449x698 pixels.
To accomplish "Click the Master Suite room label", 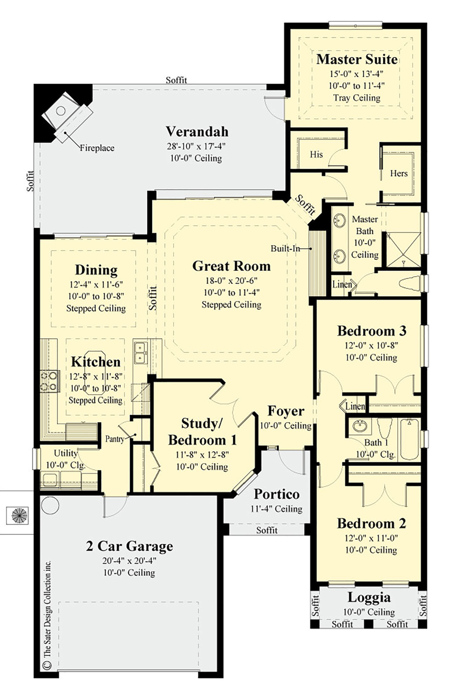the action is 357,59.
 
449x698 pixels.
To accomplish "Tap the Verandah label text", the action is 197,132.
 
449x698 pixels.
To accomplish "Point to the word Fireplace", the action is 97,148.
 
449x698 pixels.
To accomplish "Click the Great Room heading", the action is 231,266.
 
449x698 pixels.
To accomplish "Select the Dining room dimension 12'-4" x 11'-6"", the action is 96,284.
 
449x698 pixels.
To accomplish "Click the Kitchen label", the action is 96,362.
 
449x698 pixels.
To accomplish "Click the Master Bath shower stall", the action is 403,249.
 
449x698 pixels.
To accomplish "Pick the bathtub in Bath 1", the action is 410,439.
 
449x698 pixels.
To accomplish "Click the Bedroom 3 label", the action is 372,331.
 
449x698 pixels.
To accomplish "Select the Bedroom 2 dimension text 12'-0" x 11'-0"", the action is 371,538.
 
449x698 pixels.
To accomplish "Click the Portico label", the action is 277,494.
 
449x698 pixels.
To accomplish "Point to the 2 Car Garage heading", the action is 129,546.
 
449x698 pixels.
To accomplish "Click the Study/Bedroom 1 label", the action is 202,431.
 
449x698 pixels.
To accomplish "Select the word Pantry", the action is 115,439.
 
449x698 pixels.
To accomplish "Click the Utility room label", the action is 65,453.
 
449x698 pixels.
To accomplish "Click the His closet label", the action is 316,154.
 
